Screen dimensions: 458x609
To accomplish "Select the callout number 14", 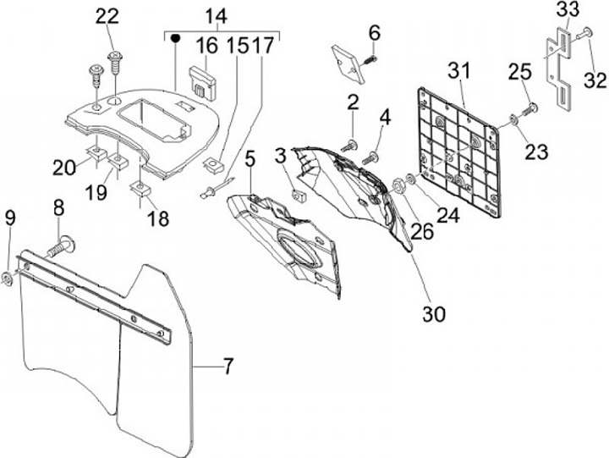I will tap(216, 15).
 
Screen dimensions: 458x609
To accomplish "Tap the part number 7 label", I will tap(228, 367).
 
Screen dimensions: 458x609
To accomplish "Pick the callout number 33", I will tap(568, 9).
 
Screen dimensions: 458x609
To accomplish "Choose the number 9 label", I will tap(10, 218).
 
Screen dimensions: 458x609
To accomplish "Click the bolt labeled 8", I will tap(60, 247).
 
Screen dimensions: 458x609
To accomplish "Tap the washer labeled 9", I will tap(7, 276).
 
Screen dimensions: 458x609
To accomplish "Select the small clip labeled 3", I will tap(298, 196).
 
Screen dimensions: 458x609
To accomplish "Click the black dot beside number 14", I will tap(175, 39).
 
